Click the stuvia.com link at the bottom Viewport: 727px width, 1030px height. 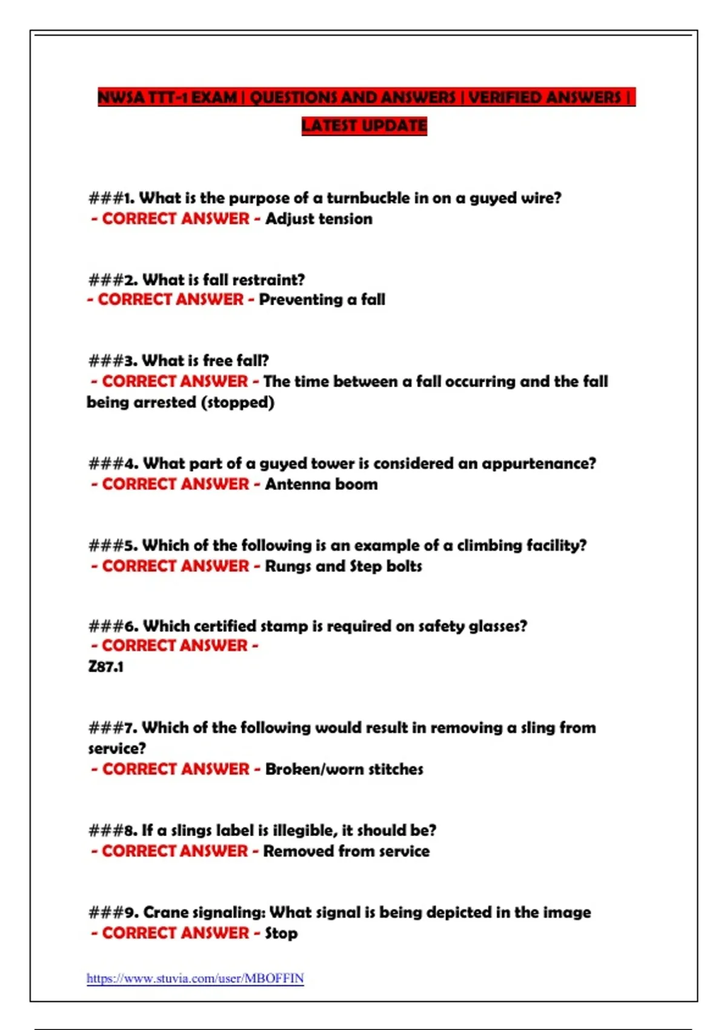(x=194, y=978)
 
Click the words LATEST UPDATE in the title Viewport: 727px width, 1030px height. (x=364, y=126)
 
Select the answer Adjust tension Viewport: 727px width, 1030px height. (x=319, y=219)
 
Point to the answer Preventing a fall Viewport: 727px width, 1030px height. (x=322, y=299)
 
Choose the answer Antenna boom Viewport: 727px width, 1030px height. (x=321, y=484)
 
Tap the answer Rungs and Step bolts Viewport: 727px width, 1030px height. (x=344, y=566)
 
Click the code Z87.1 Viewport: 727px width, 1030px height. (x=106, y=666)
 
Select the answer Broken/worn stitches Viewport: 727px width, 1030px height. (x=344, y=769)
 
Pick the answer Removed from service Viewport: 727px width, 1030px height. (x=347, y=851)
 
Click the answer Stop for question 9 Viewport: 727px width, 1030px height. (x=281, y=933)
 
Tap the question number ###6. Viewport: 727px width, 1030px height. (x=113, y=626)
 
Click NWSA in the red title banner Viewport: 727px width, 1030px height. (x=121, y=98)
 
